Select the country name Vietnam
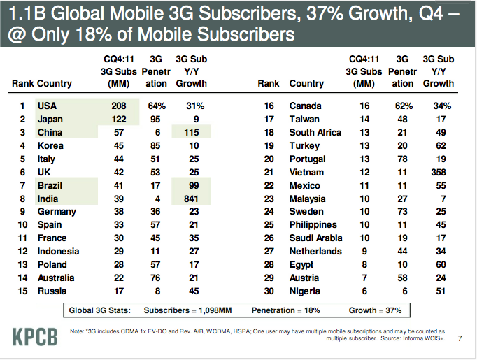pos(306,172)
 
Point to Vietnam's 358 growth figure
pos(439,172)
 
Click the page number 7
pos(460,339)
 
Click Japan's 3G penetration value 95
pos(156,120)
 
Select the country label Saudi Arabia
pos(315,238)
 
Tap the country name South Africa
pos(315,133)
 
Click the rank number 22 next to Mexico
pos(269,185)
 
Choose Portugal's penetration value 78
pos(402,159)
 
